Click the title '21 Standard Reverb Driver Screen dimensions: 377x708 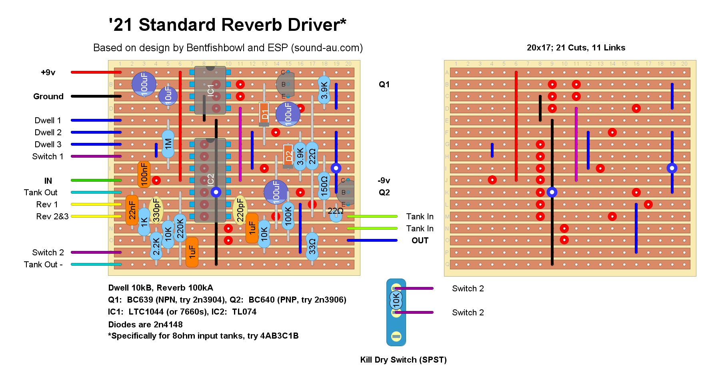227,25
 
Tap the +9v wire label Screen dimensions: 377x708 48,72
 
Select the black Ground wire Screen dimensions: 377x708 96,96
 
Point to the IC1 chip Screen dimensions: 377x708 210,90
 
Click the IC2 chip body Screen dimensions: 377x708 210,180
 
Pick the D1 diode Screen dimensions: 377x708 264,114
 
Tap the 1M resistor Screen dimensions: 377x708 168,143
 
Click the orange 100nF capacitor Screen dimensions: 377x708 144,174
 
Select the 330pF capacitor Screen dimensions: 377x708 156,210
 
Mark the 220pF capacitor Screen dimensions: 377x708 240,210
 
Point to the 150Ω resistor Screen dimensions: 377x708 324,186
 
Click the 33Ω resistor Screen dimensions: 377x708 312,247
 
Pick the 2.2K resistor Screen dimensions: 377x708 156,246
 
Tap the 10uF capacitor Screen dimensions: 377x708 168,96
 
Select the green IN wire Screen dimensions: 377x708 96,180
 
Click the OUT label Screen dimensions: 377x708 420,241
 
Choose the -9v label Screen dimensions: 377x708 384,180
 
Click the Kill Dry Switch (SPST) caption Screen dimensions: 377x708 403,360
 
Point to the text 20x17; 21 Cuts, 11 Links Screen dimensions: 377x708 576,48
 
